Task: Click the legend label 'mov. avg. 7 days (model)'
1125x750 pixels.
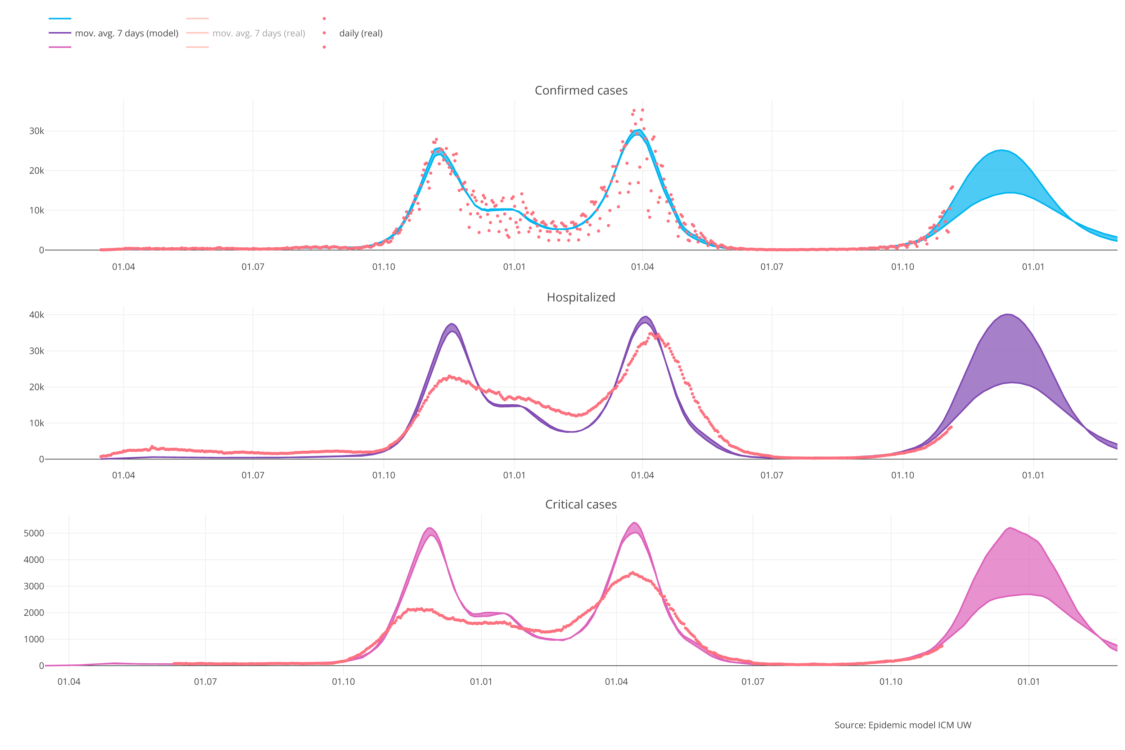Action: tap(126, 33)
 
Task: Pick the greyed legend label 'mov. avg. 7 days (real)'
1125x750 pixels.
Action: tap(258, 33)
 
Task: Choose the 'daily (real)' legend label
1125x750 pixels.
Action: tap(360, 33)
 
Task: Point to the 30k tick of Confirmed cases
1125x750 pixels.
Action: tap(36, 131)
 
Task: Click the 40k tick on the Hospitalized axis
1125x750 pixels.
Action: tap(36, 315)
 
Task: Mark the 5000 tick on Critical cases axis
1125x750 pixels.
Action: tap(33, 533)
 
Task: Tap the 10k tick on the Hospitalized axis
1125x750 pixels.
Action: tap(36, 423)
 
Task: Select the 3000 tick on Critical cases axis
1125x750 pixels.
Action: tap(33, 586)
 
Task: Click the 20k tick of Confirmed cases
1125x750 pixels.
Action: tap(36, 171)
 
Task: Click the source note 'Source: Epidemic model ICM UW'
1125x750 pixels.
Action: tap(902, 725)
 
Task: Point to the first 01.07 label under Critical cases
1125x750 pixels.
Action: tap(205, 682)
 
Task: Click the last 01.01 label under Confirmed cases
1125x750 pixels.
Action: tap(1033, 267)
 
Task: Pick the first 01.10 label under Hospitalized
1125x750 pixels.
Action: tap(383, 475)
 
